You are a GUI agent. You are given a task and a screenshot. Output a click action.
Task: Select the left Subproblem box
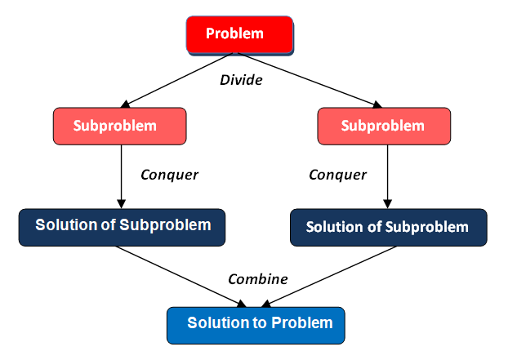[x=120, y=127]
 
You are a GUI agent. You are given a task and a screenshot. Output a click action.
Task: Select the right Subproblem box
[x=382, y=127]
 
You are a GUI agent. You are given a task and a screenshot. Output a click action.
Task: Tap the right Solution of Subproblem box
[x=388, y=227]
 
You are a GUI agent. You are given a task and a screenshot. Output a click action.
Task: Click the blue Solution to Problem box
[x=256, y=323]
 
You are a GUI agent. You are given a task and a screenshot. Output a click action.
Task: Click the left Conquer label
[x=170, y=175]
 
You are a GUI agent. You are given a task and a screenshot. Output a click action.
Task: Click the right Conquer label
[x=337, y=175]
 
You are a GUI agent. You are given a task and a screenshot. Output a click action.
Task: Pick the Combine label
[x=257, y=279]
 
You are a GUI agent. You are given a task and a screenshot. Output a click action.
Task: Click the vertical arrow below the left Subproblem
[x=121, y=176]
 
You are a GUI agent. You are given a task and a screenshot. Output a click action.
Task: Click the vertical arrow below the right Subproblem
[x=386, y=176]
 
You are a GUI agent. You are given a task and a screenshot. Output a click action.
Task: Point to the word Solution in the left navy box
[x=63, y=225]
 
